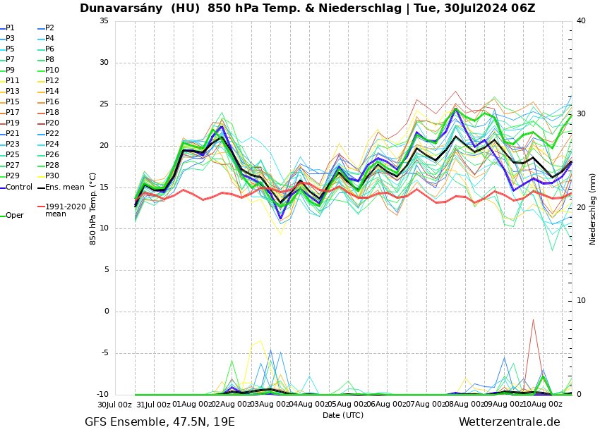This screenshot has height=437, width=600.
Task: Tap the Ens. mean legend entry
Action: [63, 187]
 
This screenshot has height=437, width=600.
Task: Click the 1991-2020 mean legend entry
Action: [65, 211]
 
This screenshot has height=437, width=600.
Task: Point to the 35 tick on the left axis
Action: [104, 21]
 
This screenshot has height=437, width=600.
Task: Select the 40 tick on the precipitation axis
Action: [581, 21]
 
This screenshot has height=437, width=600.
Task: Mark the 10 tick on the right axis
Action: [581, 301]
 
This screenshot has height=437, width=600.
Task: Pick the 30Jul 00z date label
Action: [114, 405]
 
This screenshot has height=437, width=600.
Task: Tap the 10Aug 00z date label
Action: [543, 405]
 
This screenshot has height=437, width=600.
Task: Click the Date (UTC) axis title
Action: [343, 416]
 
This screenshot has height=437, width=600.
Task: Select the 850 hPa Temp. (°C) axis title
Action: [93, 209]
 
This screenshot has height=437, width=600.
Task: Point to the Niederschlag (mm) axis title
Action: [593, 209]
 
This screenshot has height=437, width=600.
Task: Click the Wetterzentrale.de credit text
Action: [509, 422]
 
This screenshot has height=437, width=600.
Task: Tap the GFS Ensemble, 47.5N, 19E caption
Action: [160, 422]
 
